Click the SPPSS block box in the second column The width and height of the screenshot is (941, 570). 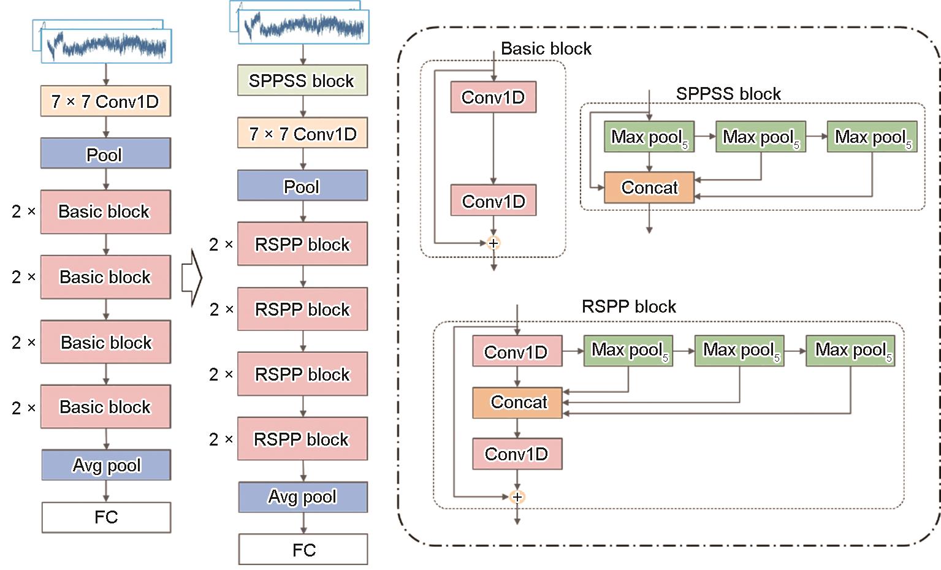(x=302, y=80)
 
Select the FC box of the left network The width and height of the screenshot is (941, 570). (x=106, y=517)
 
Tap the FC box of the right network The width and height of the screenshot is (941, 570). (x=303, y=549)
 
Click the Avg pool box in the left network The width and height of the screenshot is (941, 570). (x=106, y=465)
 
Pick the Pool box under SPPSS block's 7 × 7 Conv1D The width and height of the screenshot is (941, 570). (x=302, y=186)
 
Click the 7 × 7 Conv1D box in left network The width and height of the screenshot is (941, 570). (x=105, y=101)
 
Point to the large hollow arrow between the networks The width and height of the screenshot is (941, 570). (x=192, y=277)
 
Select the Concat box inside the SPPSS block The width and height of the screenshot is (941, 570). (x=649, y=188)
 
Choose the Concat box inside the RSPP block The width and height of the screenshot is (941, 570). (x=517, y=403)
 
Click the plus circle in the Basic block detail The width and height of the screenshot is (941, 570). (x=493, y=243)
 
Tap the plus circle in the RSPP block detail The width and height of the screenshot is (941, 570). (x=517, y=497)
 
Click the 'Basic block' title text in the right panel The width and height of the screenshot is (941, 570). (x=546, y=49)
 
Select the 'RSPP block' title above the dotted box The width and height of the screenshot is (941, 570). (x=628, y=306)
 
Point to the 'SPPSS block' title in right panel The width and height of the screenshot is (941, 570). (x=728, y=94)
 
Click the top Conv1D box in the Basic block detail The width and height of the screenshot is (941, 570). (x=493, y=97)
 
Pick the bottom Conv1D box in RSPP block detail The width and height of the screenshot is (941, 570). (x=517, y=454)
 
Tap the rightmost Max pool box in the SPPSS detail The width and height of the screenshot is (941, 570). (x=871, y=137)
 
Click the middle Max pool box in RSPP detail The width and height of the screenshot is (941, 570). (x=739, y=351)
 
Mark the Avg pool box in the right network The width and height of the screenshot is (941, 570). (x=303, y=497)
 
